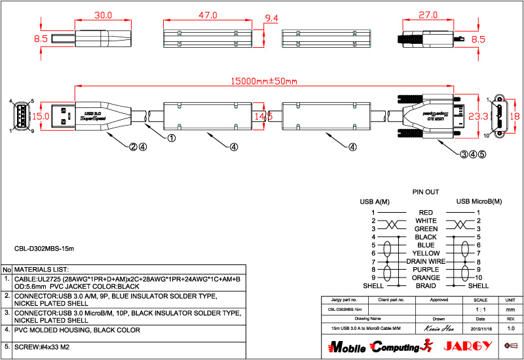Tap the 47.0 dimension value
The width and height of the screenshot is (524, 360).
pos(208,14)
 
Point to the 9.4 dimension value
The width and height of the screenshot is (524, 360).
pos(271,18)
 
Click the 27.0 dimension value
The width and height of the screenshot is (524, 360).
pos(428,14)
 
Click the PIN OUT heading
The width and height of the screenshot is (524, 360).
pos(426,192)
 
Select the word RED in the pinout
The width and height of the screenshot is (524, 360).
pos(426,213)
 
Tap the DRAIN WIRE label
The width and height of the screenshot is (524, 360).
pos(426,261)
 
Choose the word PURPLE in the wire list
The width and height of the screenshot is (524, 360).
pos(426,270)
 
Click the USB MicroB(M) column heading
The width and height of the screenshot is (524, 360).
pos(479,201)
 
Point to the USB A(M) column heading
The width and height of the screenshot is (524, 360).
pos(375,201)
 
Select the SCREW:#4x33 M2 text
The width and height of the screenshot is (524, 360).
pos(42,347)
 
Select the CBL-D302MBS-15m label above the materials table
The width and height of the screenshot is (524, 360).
pos(45,249)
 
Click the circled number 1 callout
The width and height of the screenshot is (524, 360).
pos(172,138)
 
